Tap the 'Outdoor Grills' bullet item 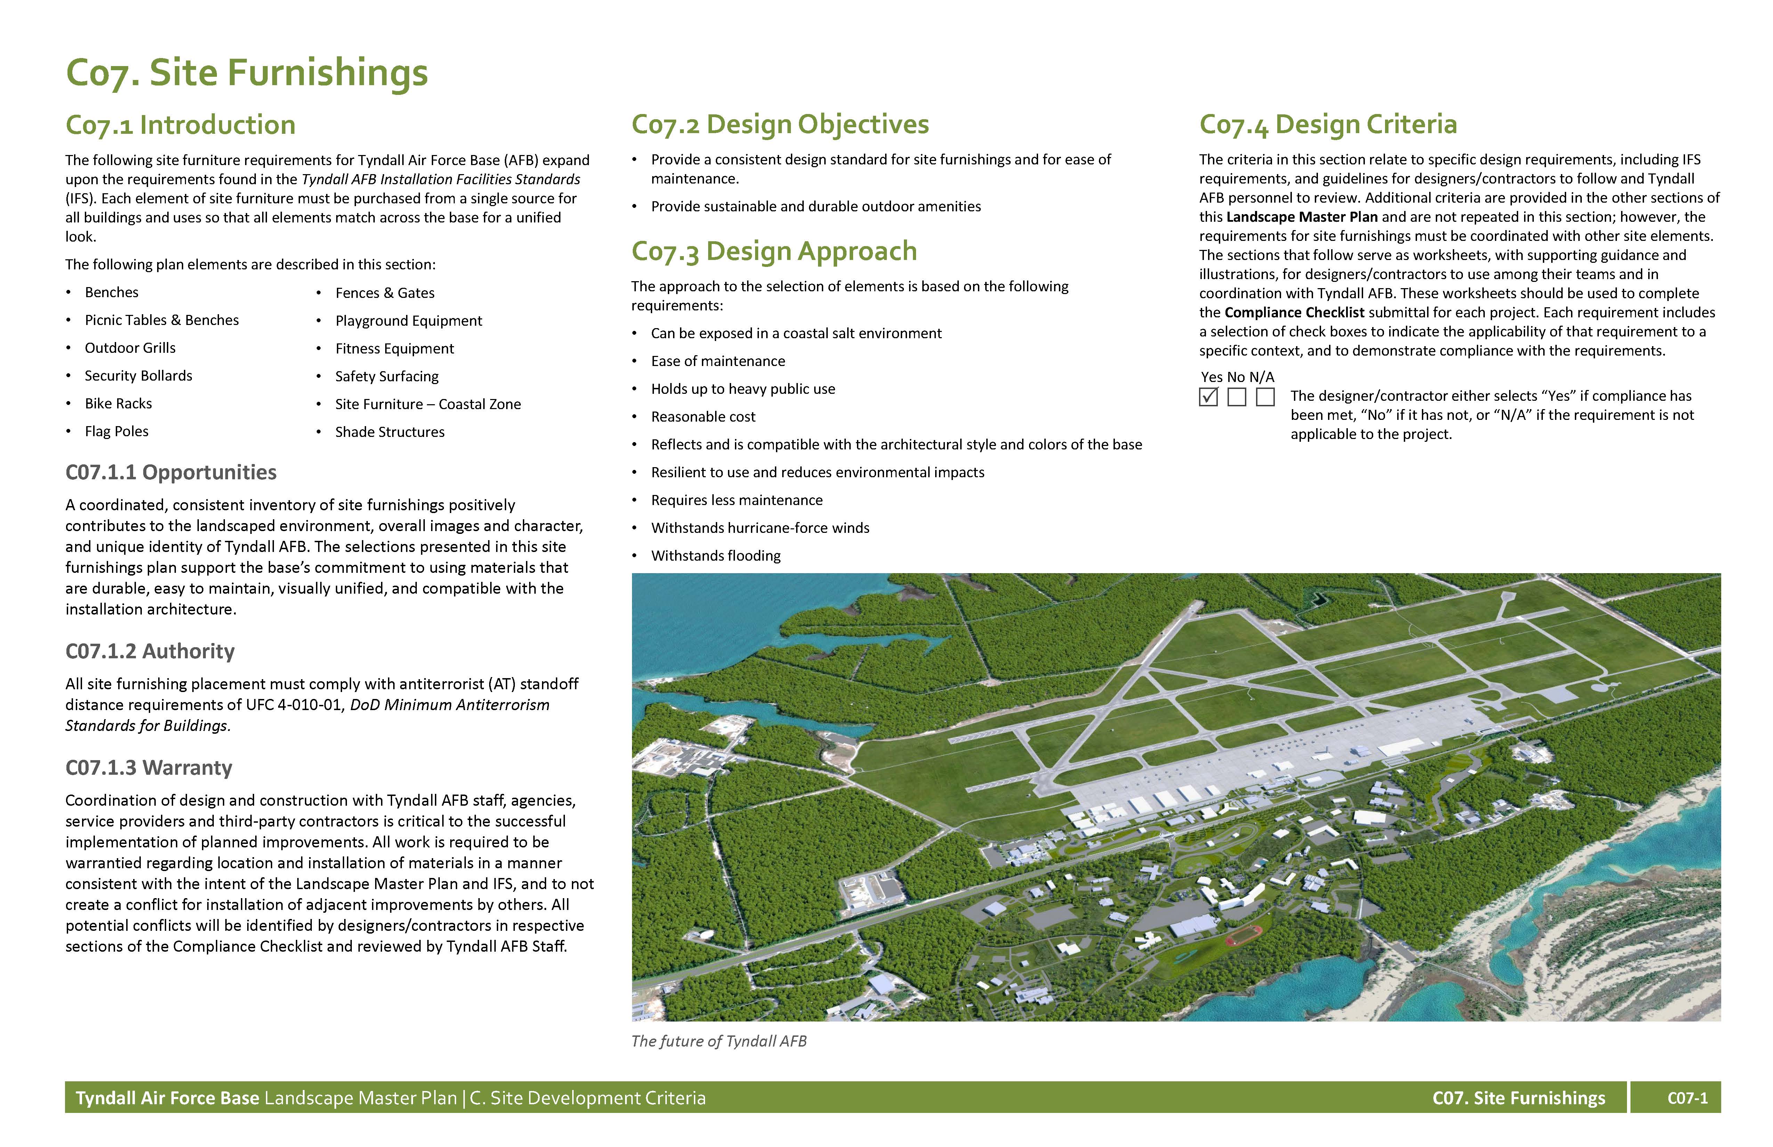[130, 348]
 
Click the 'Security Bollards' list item [139, 375]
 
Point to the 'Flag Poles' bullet [117, 431]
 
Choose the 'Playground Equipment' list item [408, 320]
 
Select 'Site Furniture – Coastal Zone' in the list [428, 404]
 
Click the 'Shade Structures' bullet [390, 432]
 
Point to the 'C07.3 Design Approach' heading [774, 251]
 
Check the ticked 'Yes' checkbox [1208, 397]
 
